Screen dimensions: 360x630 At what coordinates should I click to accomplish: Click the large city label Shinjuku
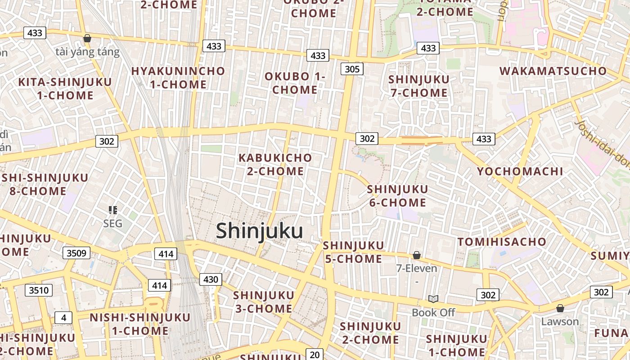click(259, 231)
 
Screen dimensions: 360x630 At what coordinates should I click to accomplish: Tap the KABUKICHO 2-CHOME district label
click(275, 164)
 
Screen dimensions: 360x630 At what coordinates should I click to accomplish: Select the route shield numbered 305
click(352, 69)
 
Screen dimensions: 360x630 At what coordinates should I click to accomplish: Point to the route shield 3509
click(76, 253)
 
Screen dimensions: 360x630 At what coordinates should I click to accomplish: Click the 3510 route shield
click(38, 290)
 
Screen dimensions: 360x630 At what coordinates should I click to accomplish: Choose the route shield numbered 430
click(210, 279)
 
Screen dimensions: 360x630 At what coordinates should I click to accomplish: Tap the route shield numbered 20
click(315, 355)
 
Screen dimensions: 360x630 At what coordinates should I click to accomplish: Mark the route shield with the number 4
click(63, 318)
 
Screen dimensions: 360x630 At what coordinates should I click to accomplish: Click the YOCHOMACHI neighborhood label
click(520, 171)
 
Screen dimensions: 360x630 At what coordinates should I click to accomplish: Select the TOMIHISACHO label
click(502, 242)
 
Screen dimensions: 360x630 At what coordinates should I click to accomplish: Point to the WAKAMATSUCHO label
click(553, 71)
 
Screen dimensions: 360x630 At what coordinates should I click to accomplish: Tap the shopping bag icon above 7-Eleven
click(417, 255)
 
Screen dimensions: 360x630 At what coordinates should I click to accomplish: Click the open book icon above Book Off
click(433, 299)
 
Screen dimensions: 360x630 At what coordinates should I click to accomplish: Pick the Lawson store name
click(560, 322)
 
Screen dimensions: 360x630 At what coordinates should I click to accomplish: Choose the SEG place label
click(112, 224)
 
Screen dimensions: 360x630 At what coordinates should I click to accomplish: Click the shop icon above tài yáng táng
click(87, 39)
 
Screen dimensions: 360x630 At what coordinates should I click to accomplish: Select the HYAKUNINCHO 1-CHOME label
click(178, 77)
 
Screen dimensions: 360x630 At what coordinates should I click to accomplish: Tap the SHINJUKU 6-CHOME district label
click(397, 196)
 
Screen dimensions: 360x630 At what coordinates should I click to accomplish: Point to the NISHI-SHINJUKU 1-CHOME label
click(140, 324)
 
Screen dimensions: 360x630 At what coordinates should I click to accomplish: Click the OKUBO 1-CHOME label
click(295, 83)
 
